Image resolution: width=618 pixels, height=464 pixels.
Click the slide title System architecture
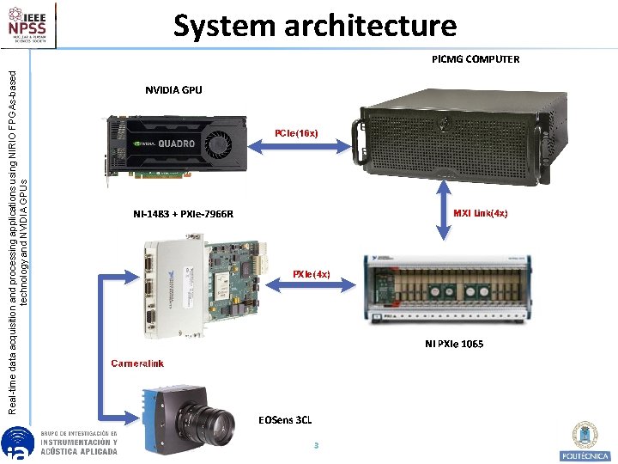tap(315, 26)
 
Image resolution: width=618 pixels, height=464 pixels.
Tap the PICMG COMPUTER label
tap(476, 59)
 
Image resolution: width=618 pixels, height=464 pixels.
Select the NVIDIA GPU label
tap(173, 89)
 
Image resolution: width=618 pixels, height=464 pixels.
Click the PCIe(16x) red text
tap(296, 133)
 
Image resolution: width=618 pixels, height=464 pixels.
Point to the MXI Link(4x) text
tap(481, 213)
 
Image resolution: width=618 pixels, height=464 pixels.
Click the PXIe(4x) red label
tap(311, 274)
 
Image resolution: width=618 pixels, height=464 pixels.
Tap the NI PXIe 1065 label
tap(454, 344)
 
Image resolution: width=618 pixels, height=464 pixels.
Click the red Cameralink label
tap(137, 363)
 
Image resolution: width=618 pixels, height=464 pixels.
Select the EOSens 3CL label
tap(285, 420)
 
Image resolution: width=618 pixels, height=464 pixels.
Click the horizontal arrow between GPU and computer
tap(298, 148)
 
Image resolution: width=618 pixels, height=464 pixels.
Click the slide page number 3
tap(316, 445)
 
